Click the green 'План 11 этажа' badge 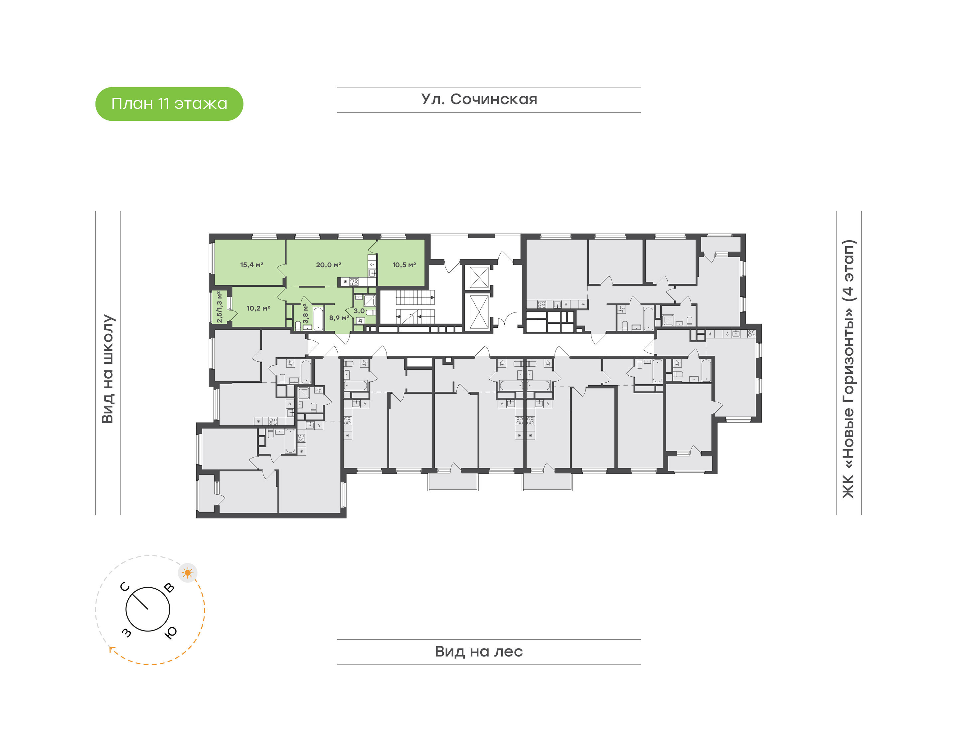169,104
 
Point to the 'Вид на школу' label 108,369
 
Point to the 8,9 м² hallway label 339,317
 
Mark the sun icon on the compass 188,573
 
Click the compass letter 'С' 125,586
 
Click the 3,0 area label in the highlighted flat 359,311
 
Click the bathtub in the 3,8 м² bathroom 318,318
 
